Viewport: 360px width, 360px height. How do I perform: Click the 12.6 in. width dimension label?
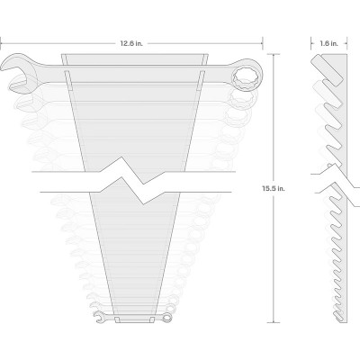pyautogui.click(x=131, y=43)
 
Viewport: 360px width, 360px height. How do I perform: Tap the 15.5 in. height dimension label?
pyautogui.click(x=273, y=189)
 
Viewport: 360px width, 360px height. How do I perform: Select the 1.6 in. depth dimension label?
pyautogui.click(x=328, y=43)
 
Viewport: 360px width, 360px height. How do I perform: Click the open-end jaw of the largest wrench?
pyautogui.click(x=15, y=73)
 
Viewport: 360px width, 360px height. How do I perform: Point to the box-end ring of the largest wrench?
pyautogui.click(x=247, y=75)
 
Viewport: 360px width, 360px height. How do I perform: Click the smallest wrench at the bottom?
pyautogui.click(x=133, y=317)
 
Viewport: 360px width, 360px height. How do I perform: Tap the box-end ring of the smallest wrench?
pyautogui.click(x=166, y=317)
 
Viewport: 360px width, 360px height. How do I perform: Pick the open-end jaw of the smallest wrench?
pyautogui.click(x=99, y=317)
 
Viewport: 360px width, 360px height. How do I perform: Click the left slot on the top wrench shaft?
pyautogui.click(x=68, y=80)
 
